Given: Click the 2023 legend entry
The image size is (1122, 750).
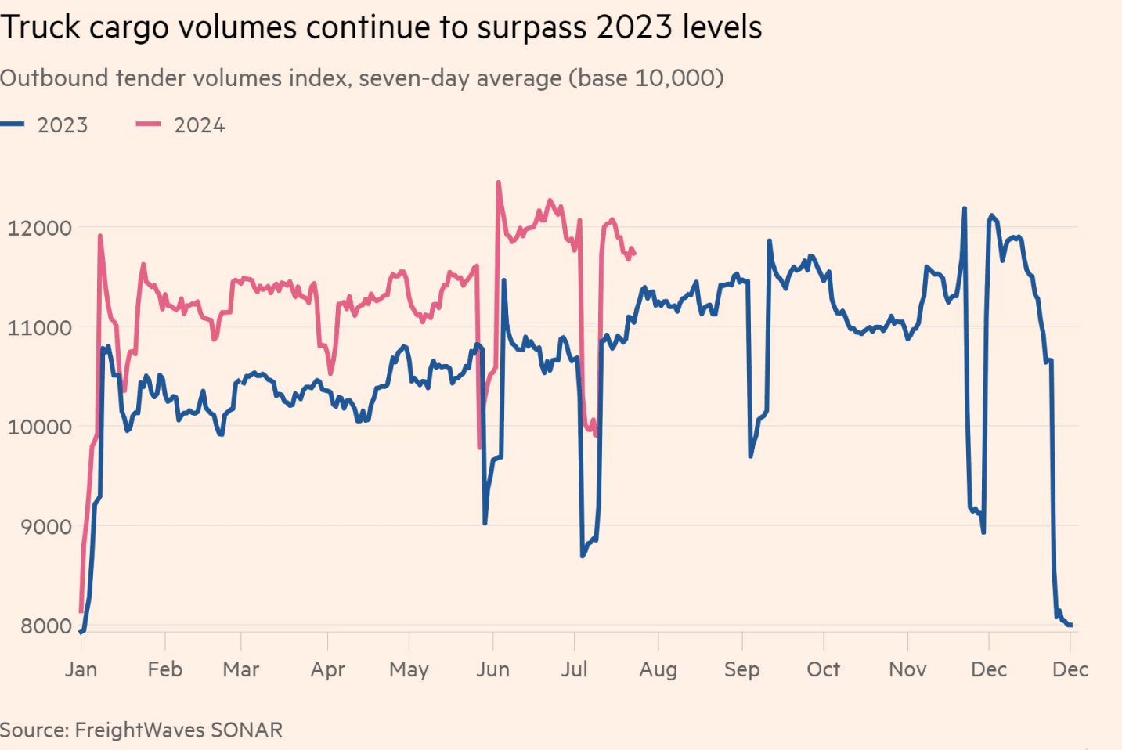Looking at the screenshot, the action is [x=44, y=125].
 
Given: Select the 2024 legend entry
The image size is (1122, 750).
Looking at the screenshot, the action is [x=180, y=125].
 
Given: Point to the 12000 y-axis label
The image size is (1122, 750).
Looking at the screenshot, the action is [x=40, y=229].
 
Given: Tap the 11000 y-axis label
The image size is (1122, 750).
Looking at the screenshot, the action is [x=40, y=328].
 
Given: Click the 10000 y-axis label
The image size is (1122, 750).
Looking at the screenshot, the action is [x=40, y=427].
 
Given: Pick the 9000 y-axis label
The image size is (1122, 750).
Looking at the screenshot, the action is [x=46, y=527].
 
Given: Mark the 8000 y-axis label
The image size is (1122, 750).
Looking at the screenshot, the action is [x=46, y=626].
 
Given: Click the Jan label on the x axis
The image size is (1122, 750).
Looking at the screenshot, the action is [x=81, y=669].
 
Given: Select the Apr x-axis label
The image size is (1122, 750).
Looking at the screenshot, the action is [x=328, y=670].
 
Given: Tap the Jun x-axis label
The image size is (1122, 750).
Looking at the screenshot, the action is [x=492, y=669].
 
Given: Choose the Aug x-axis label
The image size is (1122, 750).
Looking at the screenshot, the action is [x=658, y=670].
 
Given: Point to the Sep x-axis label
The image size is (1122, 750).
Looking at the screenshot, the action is [x=741, y=670].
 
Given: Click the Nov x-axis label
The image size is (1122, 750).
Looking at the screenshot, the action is [x=907, y=669].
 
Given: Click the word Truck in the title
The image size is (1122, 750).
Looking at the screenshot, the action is [x=41, y=27].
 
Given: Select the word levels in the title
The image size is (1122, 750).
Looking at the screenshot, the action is [x=722, y=27].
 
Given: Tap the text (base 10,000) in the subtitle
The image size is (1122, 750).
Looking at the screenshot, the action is [x=646, y=78].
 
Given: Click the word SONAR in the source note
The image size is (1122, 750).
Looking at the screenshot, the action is [x=247, y=730].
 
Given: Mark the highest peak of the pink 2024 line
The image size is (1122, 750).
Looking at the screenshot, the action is [x=499, y=182].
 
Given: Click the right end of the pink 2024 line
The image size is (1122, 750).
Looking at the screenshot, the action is [x=635, y=254].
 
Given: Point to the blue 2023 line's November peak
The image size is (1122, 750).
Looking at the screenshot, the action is [x=964, y=207].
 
